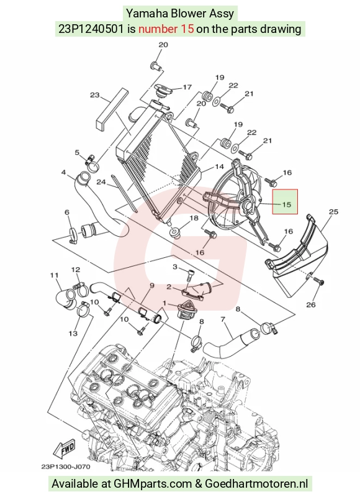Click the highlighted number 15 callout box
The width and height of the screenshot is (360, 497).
coord(286,201)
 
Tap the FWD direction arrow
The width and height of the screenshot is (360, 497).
coord(66,449)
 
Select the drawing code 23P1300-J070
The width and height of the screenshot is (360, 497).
coord(66,467)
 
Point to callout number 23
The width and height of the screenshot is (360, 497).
coord(95,95)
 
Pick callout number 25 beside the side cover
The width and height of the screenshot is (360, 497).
coord(334,212)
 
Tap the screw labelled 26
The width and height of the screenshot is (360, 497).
coord(318,281)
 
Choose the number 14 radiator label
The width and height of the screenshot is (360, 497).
coord(219,166)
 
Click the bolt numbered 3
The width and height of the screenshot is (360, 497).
coord(190,275)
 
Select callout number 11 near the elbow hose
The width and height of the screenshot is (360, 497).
coord(54,275)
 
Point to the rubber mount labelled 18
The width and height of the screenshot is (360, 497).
coord(174,232)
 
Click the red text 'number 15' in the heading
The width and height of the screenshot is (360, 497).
coord(166,29)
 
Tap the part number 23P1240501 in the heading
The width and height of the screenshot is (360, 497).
coord(91,29)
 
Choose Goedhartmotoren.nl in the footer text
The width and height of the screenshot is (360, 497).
coord(256,484)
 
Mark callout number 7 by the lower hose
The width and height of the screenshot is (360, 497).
coord(223,319)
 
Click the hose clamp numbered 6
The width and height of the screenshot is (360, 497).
coord(73,236)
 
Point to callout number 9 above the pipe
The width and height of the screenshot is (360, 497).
coord(151,286)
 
